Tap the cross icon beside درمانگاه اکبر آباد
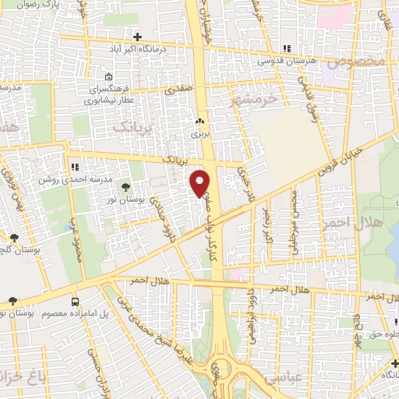(x=137, y=37)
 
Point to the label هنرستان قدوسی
(x=287, y=59)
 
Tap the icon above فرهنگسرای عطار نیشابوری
(x=108, y=77)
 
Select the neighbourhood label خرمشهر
(x=254, y=100)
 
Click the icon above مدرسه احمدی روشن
(x=76, y=166)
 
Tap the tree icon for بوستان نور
(x=125, y=185)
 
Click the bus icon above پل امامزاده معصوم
(x=76, y=301)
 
